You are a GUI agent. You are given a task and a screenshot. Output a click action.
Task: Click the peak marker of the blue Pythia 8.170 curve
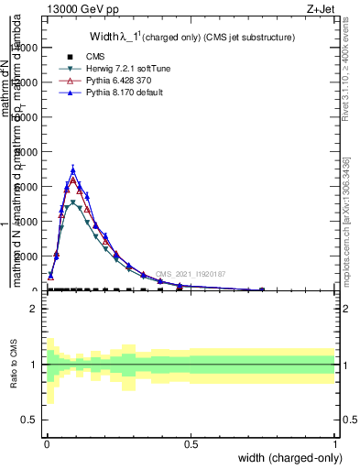click(x=72, y=169)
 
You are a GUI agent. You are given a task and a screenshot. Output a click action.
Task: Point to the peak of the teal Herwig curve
click(x=72, y=202)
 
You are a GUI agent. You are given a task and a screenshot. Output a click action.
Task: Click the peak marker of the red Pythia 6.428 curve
click(x=72, y=180)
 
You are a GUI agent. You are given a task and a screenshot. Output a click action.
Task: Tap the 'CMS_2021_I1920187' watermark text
click(x=190, y=274)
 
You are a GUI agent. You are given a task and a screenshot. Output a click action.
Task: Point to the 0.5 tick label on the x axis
click(x=191, y=443)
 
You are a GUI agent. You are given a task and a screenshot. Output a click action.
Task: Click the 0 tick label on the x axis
click(x=46, y=443)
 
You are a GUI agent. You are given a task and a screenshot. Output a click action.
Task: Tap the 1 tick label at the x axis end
click(x=335, y=443)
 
